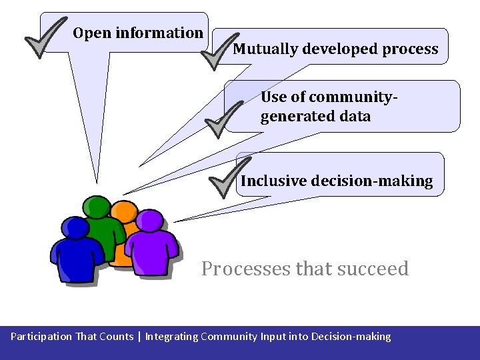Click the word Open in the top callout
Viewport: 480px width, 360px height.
coord(92,33)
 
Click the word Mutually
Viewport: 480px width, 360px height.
coord(265,49)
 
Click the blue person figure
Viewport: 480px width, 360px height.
coord(76,253)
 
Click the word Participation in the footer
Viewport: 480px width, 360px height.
coord(41,337)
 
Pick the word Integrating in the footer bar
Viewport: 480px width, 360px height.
coord(171,337)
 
